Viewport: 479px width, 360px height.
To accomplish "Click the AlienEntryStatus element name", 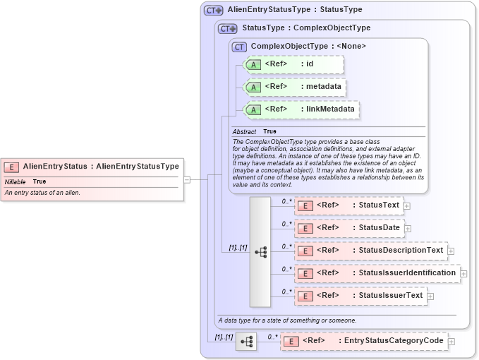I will coord(55,167).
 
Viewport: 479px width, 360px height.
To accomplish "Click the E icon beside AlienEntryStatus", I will coord(11,167).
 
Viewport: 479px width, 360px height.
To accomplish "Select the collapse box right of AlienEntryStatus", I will coord(187,179).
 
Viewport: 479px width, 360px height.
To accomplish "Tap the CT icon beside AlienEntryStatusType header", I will coord(213,11).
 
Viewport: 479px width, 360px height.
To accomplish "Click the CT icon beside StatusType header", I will coord(227,29).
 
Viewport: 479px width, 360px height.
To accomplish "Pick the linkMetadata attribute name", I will coord(330,109).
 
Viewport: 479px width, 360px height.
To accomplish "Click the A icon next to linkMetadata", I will coord(252,110).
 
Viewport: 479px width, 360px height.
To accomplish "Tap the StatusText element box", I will coord(348,206).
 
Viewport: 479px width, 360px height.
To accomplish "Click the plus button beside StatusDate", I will coord(408,229).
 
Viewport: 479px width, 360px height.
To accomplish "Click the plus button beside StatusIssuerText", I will coord(430,296).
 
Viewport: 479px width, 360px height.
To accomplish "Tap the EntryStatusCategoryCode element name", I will coord(393,341).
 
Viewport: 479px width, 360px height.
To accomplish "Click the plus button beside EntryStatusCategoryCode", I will coord(451,342).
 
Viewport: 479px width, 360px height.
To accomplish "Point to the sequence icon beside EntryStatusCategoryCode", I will coord(246,342).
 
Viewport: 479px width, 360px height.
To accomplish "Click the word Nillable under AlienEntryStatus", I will coord(15,182).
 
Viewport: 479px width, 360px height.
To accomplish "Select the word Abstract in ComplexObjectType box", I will coord(244,132).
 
